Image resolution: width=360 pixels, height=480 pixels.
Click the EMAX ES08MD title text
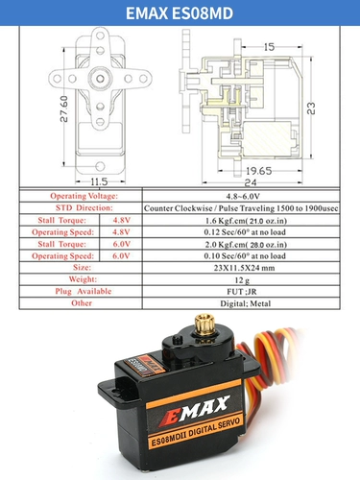pyautogui.click(x=180, y=13)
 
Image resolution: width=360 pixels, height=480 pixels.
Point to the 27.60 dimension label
pyautogui.click(x=64, y=108)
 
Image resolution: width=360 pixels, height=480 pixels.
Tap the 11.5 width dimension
pyautogui.click(x=99, y=181)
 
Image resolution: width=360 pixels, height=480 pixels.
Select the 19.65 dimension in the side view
pyautogui.click(x=258, y=171)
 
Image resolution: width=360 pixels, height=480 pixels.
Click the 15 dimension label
pyautogui.click(x=269, y=47)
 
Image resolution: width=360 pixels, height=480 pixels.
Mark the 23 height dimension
pyautogui.click(x=311, y=108)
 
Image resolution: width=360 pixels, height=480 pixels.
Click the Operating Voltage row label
pyautogui.click(x=84, y=196)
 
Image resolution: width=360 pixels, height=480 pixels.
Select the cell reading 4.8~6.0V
pyautogui.click(x=241, y=196)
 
